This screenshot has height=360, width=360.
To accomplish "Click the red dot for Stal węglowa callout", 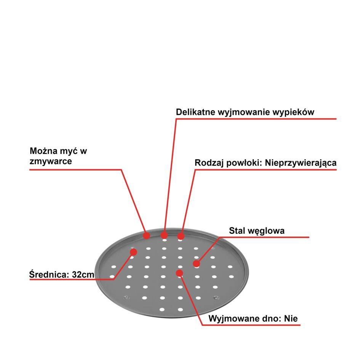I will [196, 263].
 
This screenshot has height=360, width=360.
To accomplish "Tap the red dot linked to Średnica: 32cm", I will [133, 252].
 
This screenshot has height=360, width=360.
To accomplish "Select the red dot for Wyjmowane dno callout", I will [179, 273].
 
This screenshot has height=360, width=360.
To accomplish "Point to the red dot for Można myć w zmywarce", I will [147, 235].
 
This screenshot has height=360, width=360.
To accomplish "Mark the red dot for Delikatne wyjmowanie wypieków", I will [164, 235].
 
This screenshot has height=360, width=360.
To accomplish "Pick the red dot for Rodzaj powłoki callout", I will [181, 236].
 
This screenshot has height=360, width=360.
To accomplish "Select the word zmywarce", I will [51, 161].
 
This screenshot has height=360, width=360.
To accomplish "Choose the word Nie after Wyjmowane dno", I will [291, 318].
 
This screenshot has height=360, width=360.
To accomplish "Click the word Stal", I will [237, 231].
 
